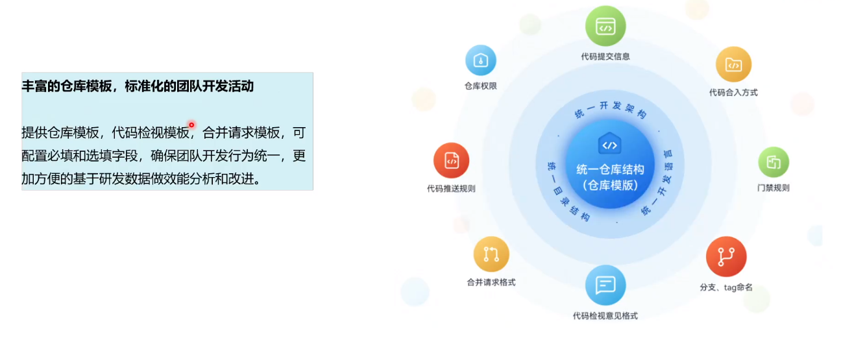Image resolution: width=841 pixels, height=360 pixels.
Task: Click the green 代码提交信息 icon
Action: coord(605,27)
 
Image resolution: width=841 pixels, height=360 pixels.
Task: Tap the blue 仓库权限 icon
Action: coord(481,60)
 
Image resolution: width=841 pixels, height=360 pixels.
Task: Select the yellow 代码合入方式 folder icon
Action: coord(734,64)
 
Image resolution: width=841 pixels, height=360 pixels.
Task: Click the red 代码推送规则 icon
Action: coord(451,160)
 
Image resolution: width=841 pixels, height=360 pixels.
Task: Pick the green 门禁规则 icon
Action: coord(774,162)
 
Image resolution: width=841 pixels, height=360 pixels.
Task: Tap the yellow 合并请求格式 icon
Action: coord(491,254)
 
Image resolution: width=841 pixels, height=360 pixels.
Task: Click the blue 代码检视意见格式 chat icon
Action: coord(605,285)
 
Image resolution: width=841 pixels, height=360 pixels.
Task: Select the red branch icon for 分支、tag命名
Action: coord(726,256)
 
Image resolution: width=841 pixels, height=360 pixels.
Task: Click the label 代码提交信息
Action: coord(605,56)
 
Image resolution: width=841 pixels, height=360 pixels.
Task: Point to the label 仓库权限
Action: coord(481,86)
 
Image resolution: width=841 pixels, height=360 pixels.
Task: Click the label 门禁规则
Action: coord(774,187)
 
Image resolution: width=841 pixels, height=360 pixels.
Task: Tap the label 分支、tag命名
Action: coord(726,287)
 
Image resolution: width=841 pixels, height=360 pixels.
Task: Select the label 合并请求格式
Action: coord(491,282)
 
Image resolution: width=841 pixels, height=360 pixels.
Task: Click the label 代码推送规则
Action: coord(451,189)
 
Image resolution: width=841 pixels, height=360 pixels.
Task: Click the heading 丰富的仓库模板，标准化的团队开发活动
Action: coord(138,86)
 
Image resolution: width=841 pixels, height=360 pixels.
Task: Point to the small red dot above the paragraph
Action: coord(191,125)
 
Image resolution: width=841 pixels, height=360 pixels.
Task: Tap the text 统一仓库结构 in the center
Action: coord(610,170)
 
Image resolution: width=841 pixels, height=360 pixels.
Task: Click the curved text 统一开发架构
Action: coord(611,109)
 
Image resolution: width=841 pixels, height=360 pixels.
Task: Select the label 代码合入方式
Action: coord(733,93)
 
